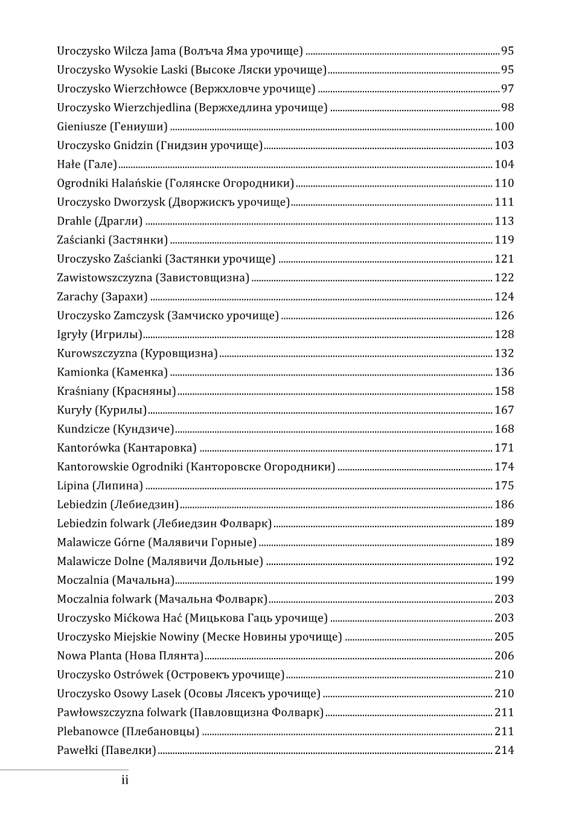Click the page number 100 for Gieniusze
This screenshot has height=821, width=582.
click(x=504, y=127)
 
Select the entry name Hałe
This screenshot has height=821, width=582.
click(x=68, y=164)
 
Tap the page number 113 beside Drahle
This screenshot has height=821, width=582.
click(x=504, y=221)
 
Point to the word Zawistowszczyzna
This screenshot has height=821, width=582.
click(x=104, y=278)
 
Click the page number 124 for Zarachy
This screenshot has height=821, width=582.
click(x=504, y=296)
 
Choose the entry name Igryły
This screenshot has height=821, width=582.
click(x=72, y=334)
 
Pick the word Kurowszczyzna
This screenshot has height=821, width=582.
click(x=97, y=353)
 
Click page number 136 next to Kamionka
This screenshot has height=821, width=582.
click(x=504, y=372)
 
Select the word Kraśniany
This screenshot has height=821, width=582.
click(x=83, y=391)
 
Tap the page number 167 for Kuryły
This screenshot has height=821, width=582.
click(x=504, y=410)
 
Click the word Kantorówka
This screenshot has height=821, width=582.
click(x=89, y=448)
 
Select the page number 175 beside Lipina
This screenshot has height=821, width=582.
click(x=504, y=485)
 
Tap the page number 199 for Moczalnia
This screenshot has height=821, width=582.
click(x=504, y=580)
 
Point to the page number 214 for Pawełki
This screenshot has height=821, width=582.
click(x=504, y=750)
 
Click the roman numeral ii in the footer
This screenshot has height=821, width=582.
click(x=125, y=780)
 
